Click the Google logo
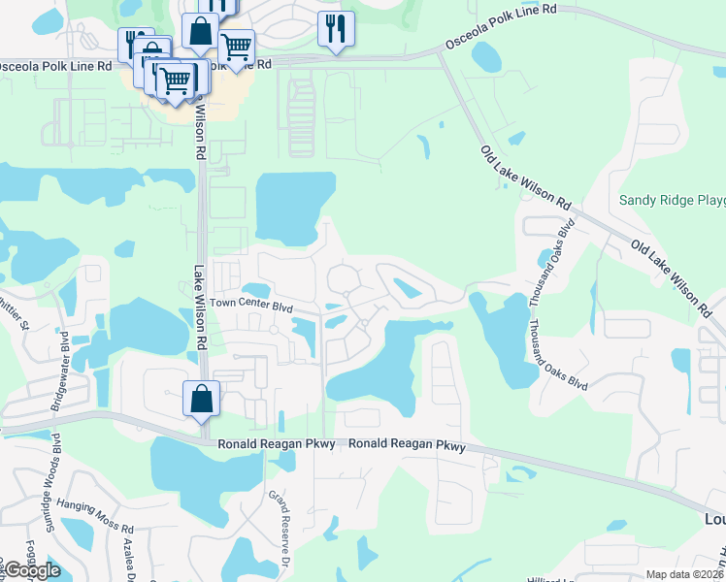[x=31, y=570]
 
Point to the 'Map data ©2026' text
[x=685, y=574]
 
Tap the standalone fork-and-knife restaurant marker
[x=336, y=28]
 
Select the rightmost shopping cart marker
[x=236, y=45]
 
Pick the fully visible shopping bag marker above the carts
[x=200, y=31]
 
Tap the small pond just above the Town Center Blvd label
[x=255, y=289]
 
